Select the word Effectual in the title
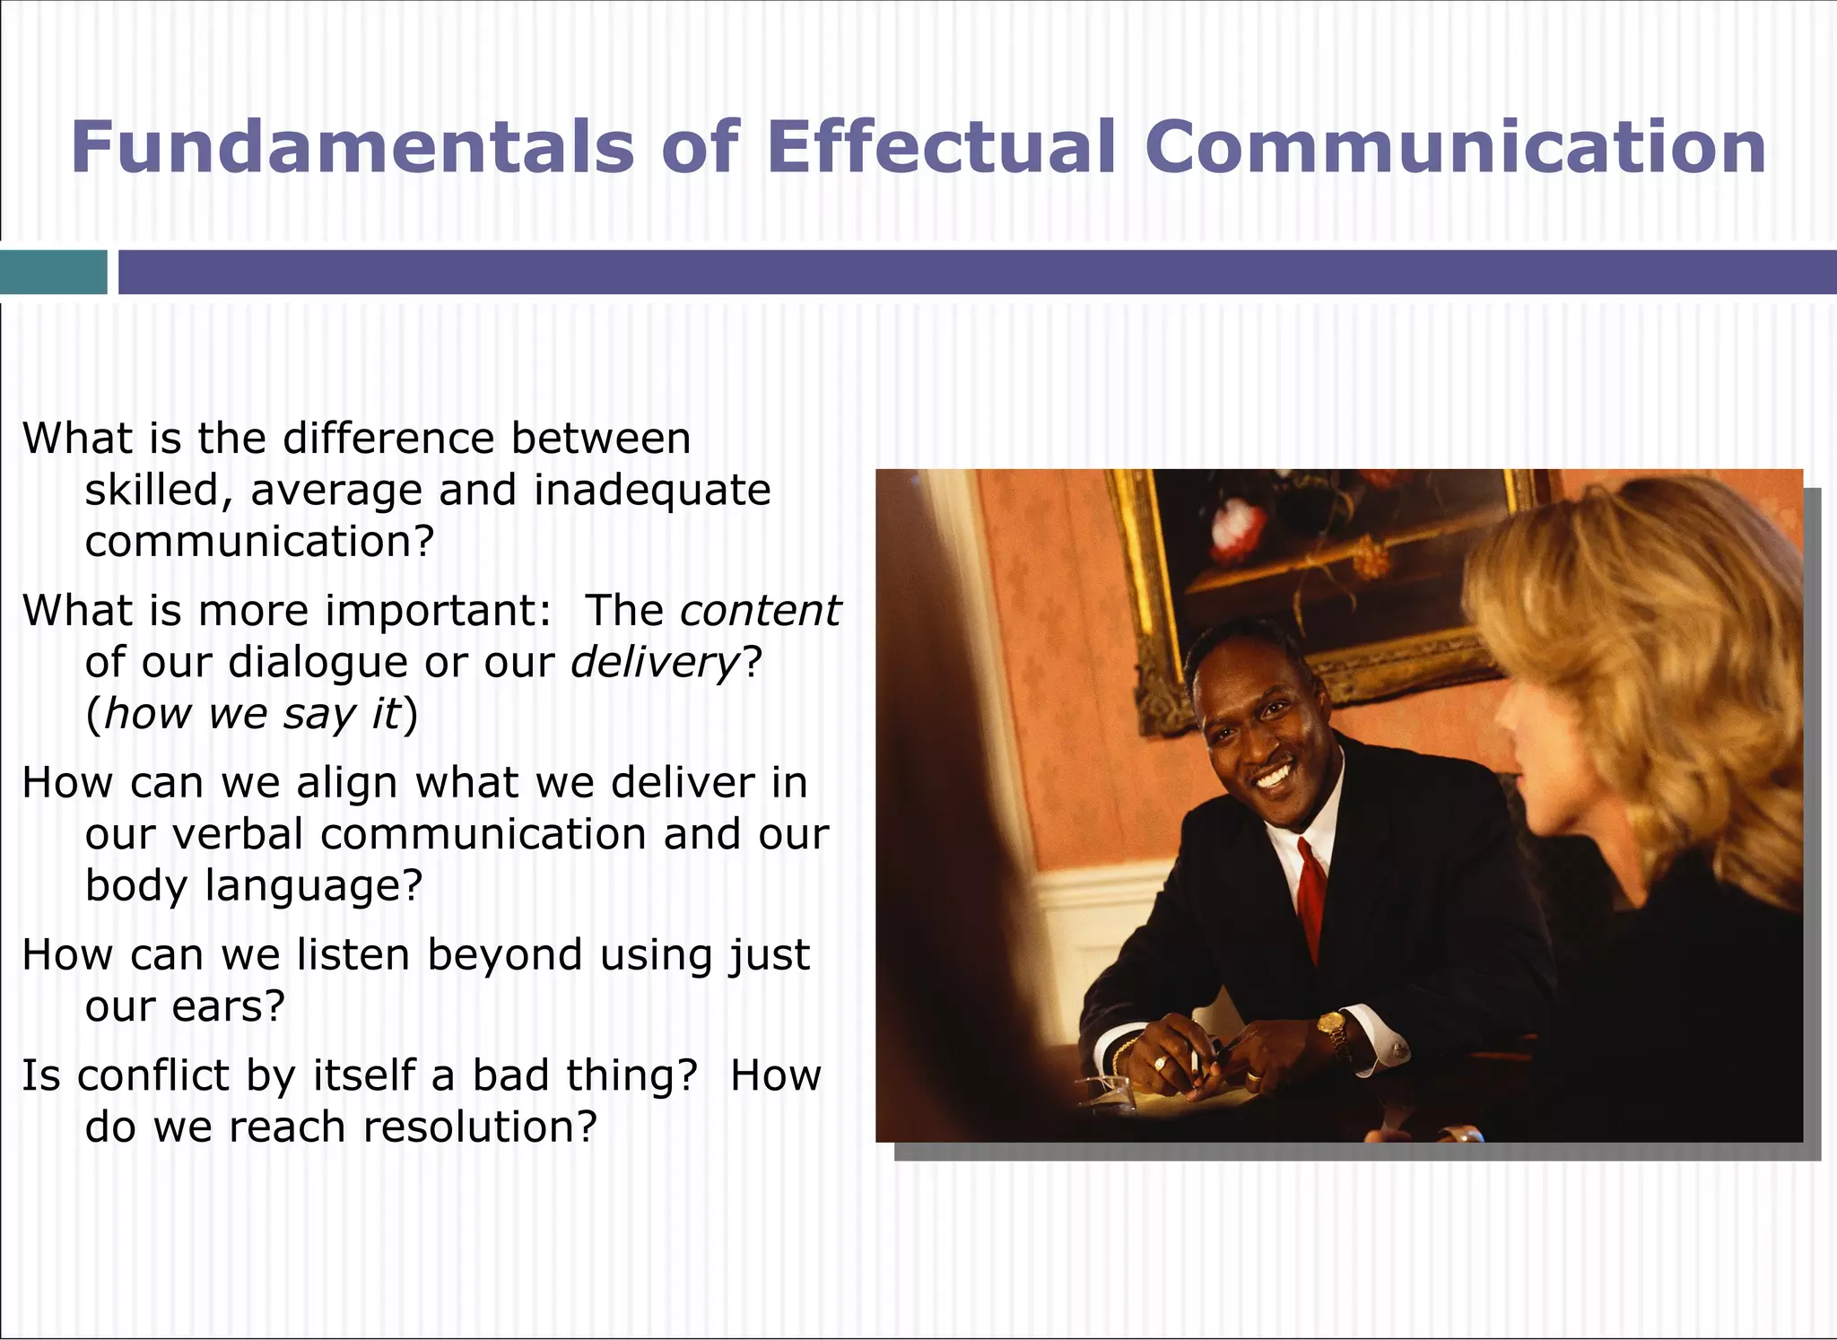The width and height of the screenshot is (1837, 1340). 940,148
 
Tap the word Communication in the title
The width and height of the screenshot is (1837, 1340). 1455,148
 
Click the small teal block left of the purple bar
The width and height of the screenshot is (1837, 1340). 53,272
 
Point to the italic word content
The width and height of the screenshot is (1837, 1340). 760,611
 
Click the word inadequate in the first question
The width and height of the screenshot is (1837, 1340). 652,491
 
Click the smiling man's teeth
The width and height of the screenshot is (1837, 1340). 1275,774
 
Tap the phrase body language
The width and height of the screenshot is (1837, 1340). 253,886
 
